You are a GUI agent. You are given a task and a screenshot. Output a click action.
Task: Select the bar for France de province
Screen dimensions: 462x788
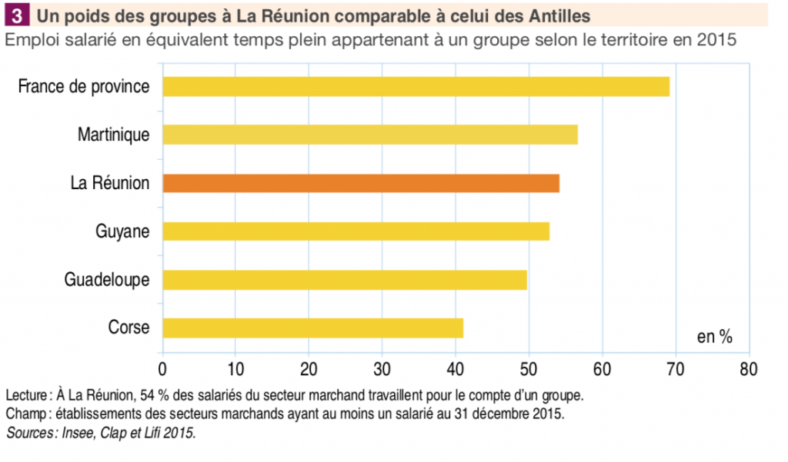(416, 87)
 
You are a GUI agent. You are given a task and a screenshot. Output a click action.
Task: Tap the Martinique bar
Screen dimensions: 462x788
(369, 135)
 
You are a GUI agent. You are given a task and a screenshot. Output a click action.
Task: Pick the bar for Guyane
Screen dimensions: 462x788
(356, 231)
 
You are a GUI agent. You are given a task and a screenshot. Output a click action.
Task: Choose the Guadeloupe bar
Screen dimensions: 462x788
(344, 280)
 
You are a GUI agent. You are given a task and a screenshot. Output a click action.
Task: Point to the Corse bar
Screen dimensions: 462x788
(312, 328)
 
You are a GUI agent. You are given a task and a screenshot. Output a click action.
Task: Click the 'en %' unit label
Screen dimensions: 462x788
(714, 337)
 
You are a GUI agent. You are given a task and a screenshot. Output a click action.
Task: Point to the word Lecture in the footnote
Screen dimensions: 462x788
(27, 396)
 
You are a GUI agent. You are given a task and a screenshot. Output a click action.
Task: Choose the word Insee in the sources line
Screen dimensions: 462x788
(70, 434)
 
